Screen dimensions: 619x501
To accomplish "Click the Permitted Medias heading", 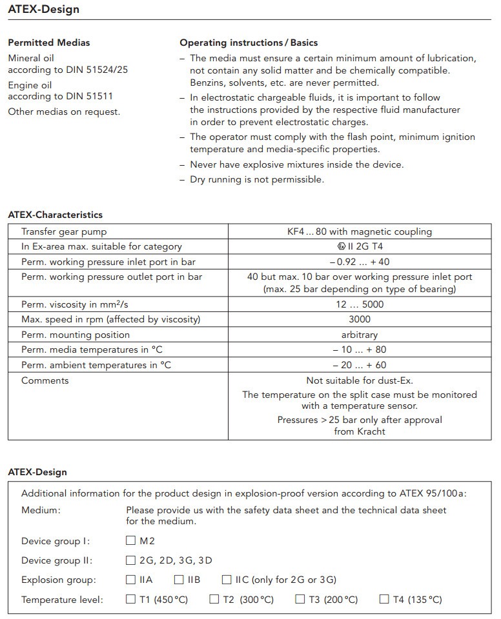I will (x=49, y=43).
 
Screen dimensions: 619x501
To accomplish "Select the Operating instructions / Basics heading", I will (x=249, y=43).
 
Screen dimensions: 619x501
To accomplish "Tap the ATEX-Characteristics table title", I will (x=56, y=215).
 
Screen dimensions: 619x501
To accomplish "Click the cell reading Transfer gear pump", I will (x=64, y=231).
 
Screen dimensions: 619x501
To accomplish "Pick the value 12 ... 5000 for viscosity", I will (x=360, y=304).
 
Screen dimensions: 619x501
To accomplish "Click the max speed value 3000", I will (x=360, y=320).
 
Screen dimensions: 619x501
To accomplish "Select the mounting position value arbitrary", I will (x=360, y=335).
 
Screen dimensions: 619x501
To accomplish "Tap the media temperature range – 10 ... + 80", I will (x=360, y=350).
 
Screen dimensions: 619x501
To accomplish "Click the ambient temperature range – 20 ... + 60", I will (x=360, y=366).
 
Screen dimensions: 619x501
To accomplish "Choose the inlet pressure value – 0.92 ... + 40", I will (x=360, y=262).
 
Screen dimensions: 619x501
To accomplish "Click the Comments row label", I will (x=45, y=381).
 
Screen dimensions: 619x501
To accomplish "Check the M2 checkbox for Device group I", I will (x=131, y=541).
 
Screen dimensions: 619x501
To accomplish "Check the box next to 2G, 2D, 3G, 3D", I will (x=131, y=560).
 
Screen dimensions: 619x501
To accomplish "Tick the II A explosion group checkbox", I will (x=131, y=580).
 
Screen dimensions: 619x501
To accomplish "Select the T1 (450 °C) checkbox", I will (x=131, y=600).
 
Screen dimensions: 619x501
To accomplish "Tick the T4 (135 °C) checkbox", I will (x=384, y=600).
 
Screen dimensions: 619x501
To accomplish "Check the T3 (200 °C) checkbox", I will (x=300, y=600).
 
